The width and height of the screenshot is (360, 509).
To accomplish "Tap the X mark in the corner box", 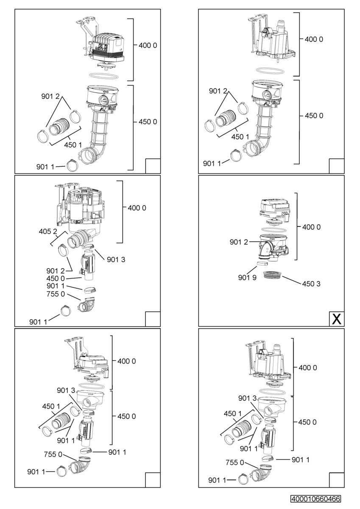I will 336,319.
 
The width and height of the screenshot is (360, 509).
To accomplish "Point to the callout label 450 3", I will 311,283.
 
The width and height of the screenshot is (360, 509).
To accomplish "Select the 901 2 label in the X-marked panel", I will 238,242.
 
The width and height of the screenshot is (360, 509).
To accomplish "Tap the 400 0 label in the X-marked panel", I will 311,227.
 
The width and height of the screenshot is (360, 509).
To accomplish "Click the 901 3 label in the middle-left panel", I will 115,259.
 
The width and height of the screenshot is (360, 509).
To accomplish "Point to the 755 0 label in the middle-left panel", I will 56,294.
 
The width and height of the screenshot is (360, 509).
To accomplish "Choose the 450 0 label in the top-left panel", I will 148,122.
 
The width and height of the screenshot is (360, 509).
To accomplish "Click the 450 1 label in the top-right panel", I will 240,137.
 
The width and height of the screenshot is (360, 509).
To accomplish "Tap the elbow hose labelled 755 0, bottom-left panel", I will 81,467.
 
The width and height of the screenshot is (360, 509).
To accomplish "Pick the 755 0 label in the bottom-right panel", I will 234,462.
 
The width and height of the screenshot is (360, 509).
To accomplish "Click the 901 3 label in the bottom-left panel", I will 65,390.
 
